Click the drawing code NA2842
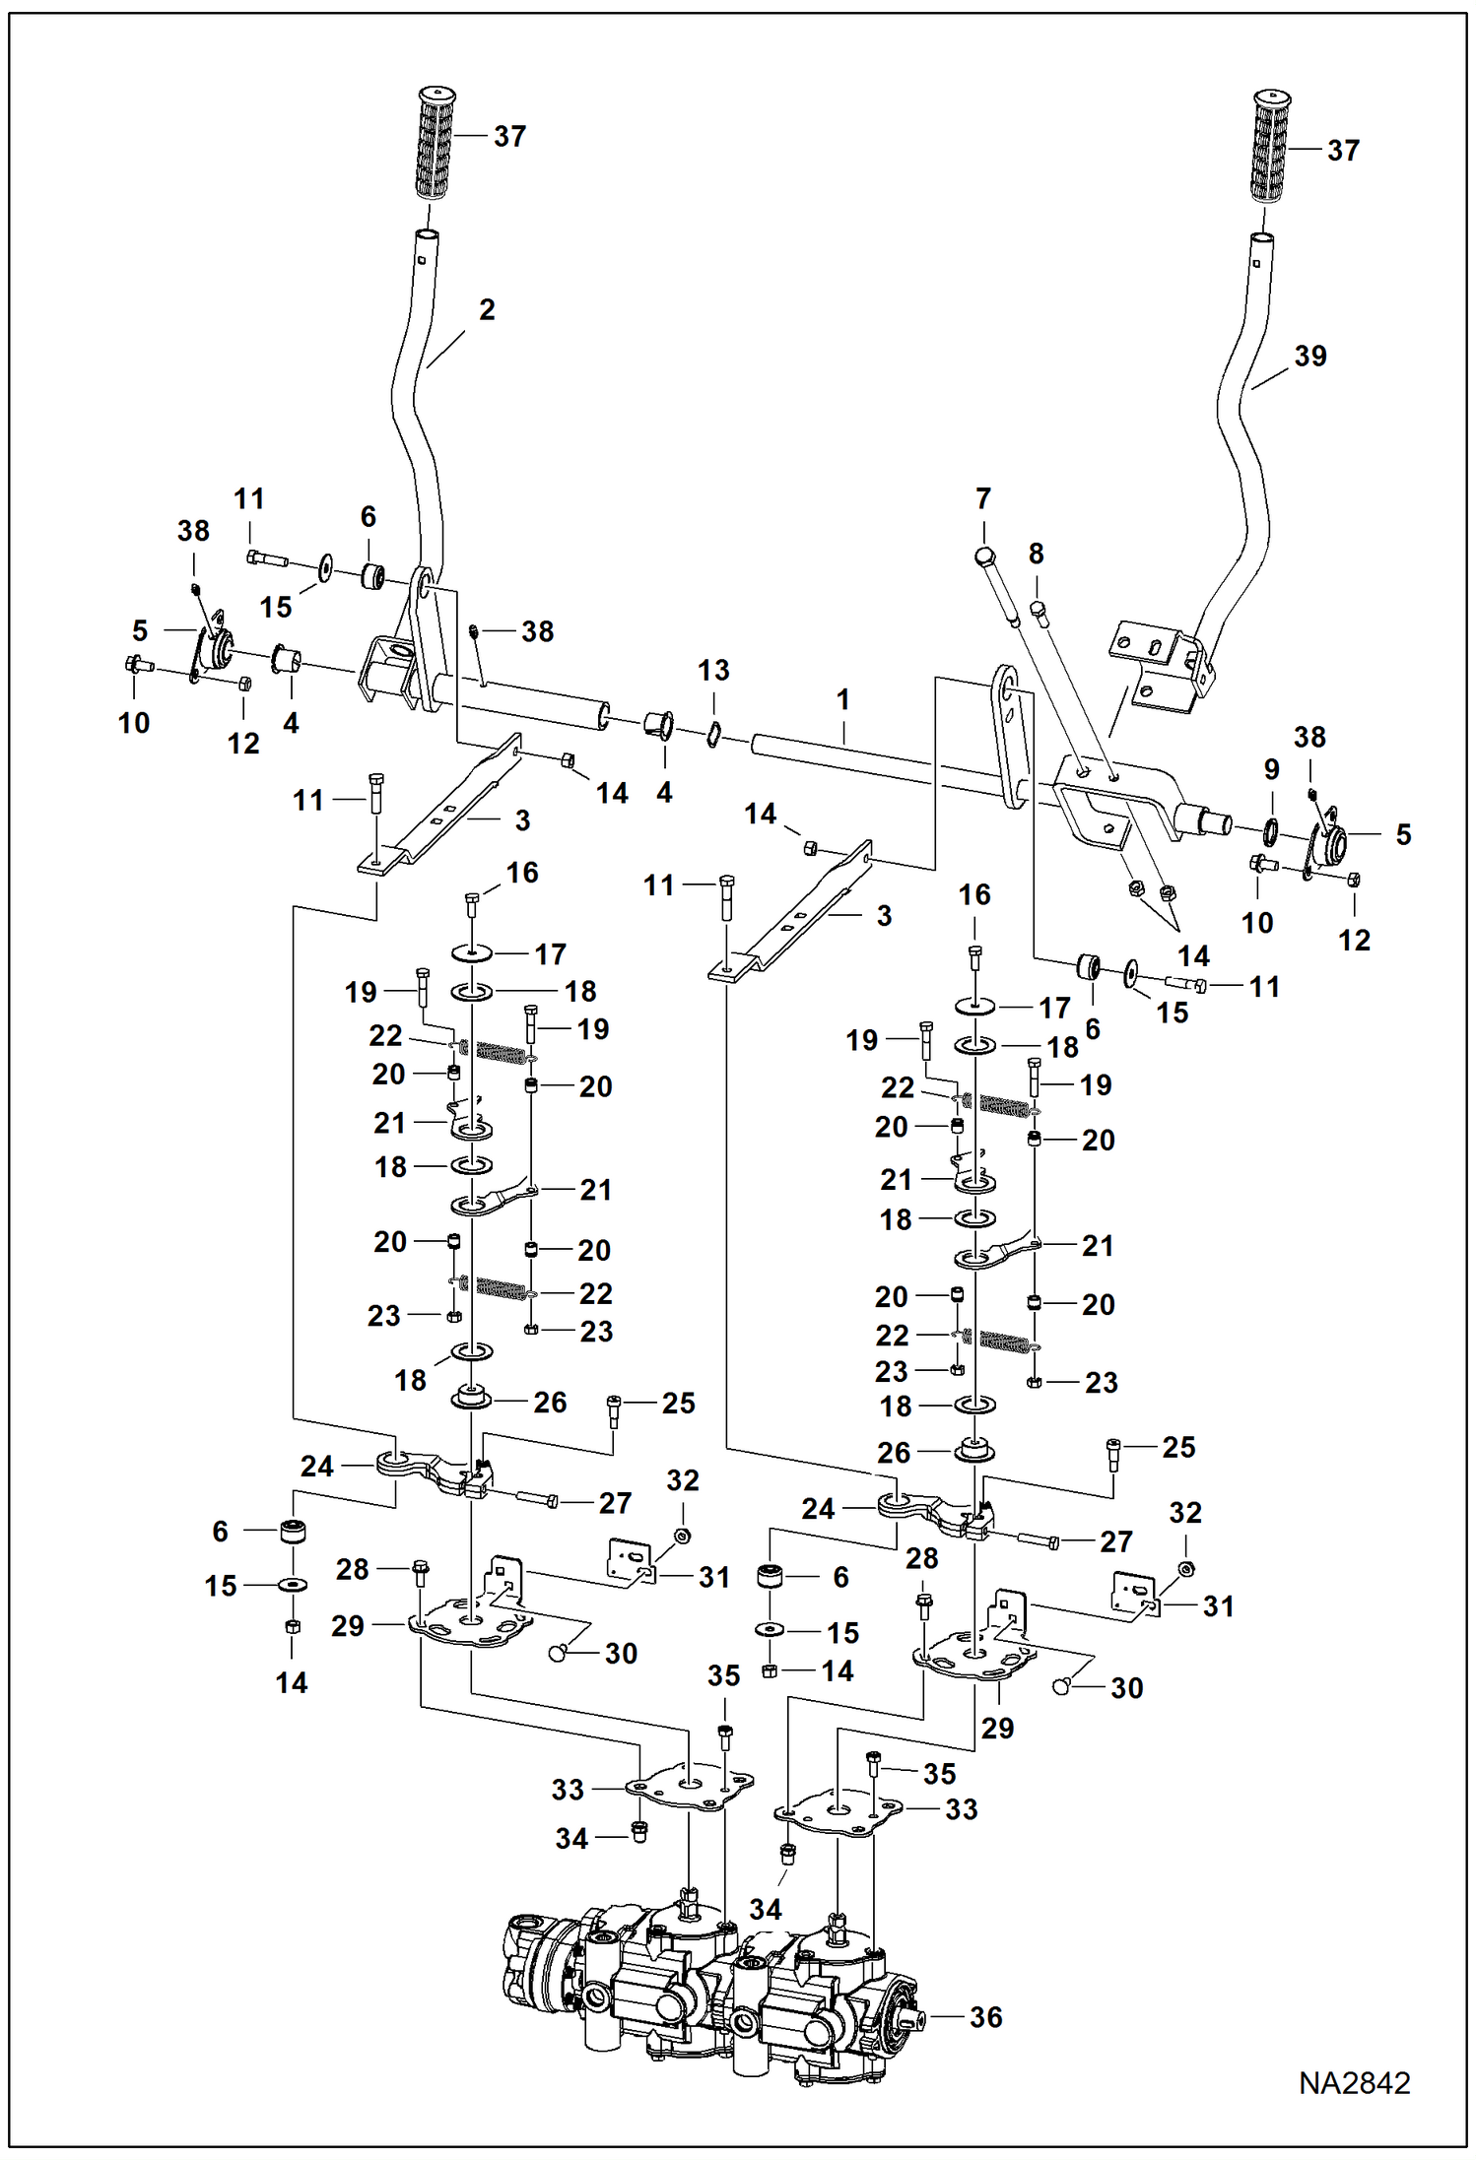point(1354,2083)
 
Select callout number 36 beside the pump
point(985,2016)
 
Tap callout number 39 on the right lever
point(1309,356)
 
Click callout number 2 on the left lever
point(487,309)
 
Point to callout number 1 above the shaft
point(842,699)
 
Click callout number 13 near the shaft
point(713,670)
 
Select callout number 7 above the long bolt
point(982,498)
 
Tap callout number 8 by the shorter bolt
point(1036,554)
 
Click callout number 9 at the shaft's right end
point(1271,769)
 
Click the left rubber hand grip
point(436,144)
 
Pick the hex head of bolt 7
point(985,558)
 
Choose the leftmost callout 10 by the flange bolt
point(134,722)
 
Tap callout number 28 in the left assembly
point(352,1569)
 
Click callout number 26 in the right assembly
point(894,1452)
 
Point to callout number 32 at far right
point(1185,1512)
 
